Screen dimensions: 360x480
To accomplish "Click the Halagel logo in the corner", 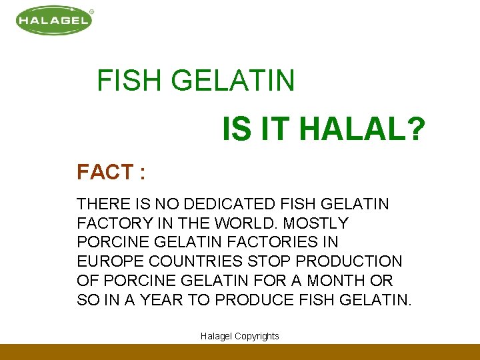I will tap(53, 21).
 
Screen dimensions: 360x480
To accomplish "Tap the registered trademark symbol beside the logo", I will tap(91, 11).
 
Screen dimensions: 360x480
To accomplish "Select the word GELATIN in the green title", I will tap(233, 81).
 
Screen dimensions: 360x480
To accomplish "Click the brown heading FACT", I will tap(105, 172).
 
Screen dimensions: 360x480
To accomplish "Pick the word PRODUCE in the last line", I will tap(253, 299).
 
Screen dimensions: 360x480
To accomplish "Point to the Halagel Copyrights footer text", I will tap(240, 336).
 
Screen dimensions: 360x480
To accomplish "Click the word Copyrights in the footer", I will tap(256, 336).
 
